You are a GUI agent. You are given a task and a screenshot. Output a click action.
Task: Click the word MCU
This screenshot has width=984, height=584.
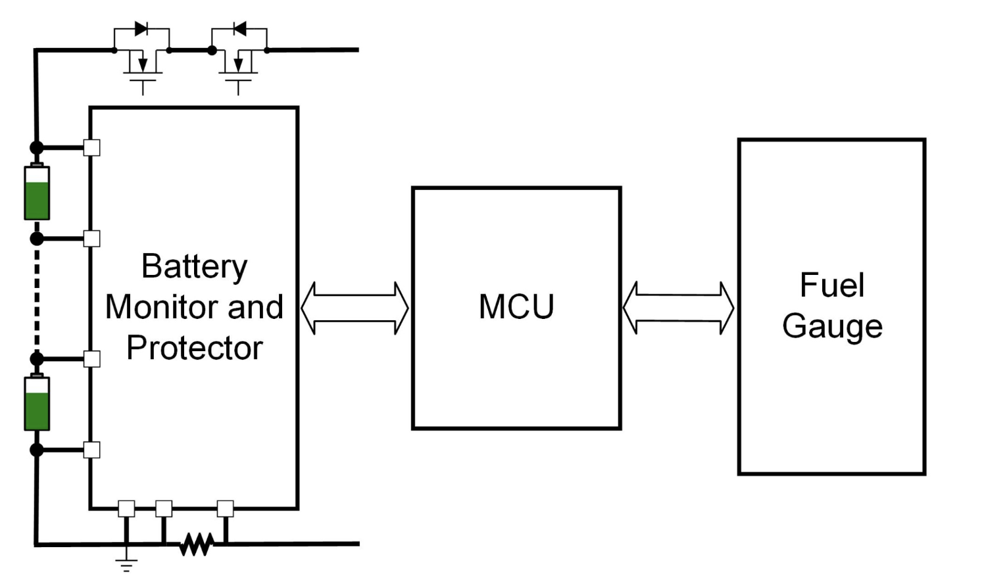click(516, 306)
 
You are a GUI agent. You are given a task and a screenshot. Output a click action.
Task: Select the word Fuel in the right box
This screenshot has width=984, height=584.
click(831, 285)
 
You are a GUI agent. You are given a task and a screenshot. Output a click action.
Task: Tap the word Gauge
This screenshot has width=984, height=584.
click(832, 326)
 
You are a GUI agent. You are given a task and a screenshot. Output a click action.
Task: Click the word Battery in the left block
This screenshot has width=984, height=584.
click(194, 267)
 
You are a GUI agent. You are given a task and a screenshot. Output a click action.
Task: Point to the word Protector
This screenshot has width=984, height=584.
click(194, 348)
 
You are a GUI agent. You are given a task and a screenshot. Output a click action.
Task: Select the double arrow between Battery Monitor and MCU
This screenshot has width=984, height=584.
click(355, 308)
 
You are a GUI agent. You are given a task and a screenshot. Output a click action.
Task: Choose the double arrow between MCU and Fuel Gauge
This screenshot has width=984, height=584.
click(678, 308)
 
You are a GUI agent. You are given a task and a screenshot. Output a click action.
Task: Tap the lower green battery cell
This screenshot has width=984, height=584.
click(37, 403)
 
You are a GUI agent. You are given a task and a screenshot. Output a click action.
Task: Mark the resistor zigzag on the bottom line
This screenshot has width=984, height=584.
click(196, 544)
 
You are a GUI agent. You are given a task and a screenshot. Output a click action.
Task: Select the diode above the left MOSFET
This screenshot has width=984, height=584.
click(141, 29)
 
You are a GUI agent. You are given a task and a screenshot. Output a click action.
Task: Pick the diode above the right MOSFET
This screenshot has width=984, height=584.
click(239, 29)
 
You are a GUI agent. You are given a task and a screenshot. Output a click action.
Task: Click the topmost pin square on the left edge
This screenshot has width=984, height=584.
click(92, 147)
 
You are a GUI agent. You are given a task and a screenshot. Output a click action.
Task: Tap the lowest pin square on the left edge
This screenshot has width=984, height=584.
click(92, 450)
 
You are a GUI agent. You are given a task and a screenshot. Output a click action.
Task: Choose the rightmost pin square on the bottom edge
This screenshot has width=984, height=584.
click(225, 508)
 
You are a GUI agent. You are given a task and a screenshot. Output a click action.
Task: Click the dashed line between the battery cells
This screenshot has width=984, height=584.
click(37, 298)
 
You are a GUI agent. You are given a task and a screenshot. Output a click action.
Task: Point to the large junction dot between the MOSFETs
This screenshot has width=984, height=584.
click(212, 50)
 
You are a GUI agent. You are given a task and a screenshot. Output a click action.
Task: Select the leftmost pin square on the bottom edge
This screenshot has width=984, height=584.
click(126, 508)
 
